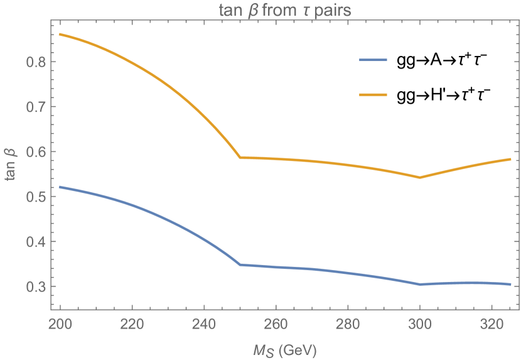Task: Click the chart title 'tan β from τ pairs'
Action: [284, 9]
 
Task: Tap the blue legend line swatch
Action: [373, 60]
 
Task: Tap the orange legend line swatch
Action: [373, 95]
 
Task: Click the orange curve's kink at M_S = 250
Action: [240, 158]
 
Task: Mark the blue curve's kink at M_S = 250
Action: [240, 265]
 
